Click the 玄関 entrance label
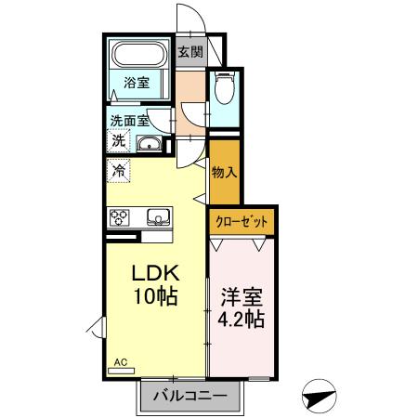pos(190,52)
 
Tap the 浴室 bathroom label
pos(137,83)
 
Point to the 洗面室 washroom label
pos(129,121)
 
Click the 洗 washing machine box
pos(119,141)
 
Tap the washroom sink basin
pos(150,144)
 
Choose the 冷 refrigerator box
pos(119,170)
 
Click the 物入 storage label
pos(224,172)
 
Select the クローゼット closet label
pos(241,222)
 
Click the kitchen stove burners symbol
pos(122,217)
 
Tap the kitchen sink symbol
pos(158,218)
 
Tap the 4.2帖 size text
pos(242,321)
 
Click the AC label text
pos(121,361)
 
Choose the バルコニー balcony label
pos(196,397)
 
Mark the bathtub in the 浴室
pos(138,56)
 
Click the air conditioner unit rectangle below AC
pos(122,371)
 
